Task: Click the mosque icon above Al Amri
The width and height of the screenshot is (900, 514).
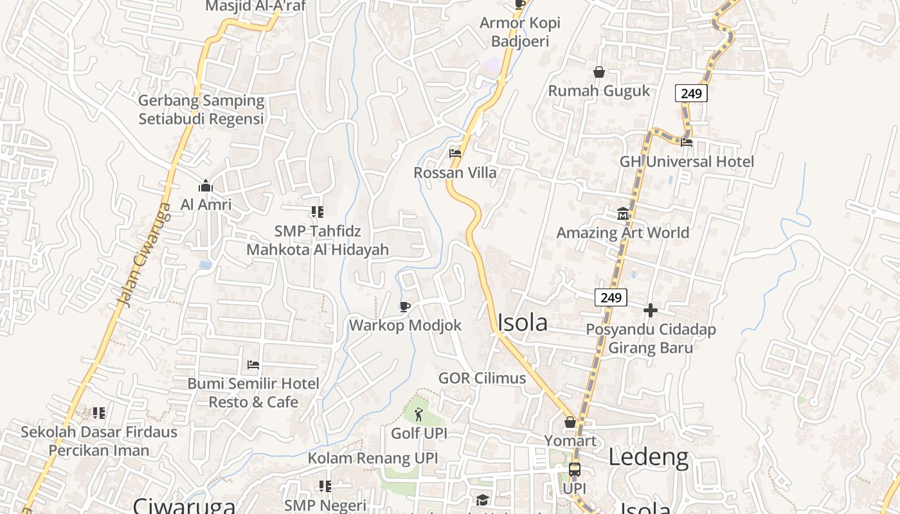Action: click(206, 186)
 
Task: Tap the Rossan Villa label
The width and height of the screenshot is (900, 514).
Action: click(455, 173)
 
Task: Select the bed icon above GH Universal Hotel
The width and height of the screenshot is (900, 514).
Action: click(687, 143)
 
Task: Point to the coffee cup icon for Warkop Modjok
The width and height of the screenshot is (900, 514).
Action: click(404, 306)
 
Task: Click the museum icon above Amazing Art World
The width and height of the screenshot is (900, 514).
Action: click(622, 213)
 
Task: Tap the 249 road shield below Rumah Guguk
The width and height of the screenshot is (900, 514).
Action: click(691, 94)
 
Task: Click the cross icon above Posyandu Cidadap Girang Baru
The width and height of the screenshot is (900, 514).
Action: click(651, 311)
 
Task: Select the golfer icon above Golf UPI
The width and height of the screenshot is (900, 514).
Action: click(419, 414)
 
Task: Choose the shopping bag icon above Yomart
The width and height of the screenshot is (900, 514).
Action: click(570, 422)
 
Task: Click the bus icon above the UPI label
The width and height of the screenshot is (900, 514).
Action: click(574, 470)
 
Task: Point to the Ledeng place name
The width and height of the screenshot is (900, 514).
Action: click(648, 457)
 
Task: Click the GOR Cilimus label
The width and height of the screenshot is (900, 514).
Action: click(482, 378)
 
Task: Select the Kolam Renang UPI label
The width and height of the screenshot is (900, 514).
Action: click(373, 458)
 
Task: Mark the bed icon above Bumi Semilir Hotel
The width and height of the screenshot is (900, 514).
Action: click(253, 365)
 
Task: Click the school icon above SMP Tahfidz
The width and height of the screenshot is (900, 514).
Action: click(317, 211)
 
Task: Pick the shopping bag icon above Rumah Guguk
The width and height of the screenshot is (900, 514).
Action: click(599, 72)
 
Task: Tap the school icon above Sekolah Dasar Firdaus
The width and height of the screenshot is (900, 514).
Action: click(98, 412)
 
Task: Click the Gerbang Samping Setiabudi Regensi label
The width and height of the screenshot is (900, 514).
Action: click(201, 110)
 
